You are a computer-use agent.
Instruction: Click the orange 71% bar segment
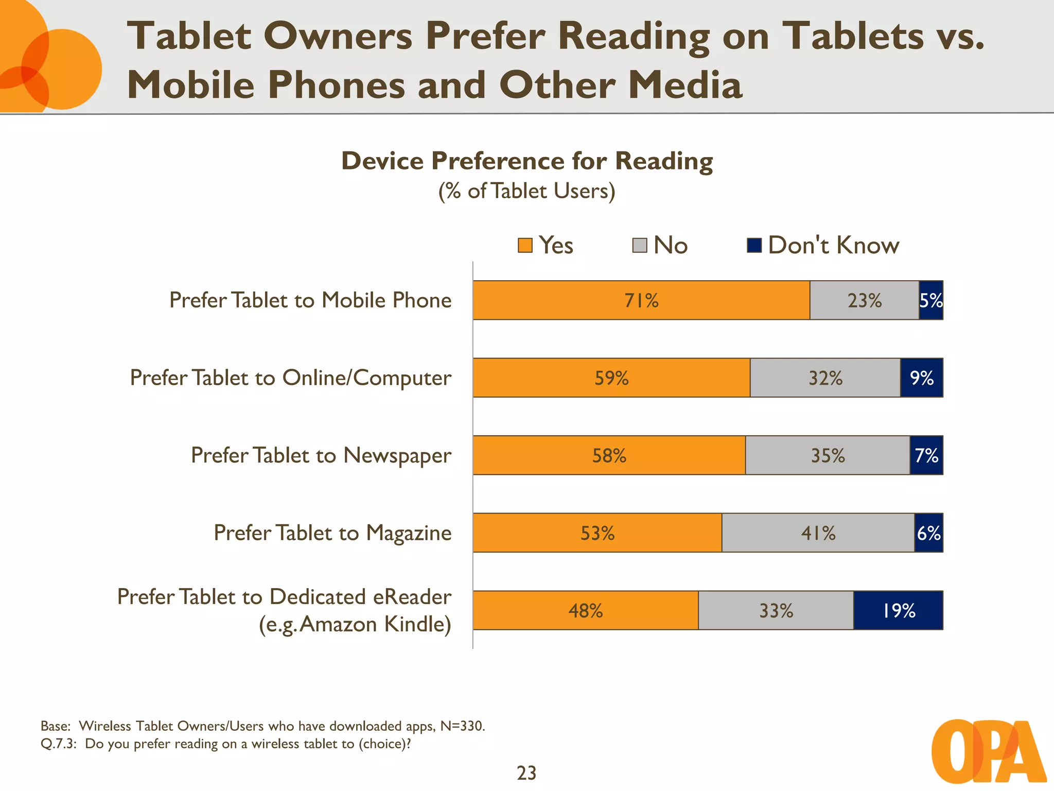tap(641, 300)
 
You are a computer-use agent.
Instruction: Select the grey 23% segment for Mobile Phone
tap(864, 300)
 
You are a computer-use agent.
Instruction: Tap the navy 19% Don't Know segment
tap(898, 610)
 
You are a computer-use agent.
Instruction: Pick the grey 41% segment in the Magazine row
tap(818, 533)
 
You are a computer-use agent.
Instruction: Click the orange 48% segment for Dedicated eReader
tap(585, 610)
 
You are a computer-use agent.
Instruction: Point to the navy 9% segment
tap(921, 378)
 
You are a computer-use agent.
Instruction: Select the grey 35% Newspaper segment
tap(827, 455)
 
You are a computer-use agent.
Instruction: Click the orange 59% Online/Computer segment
tap(611, 378)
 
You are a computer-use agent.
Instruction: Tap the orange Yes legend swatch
tap(525, 246)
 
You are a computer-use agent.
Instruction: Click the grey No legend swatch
tap(639, 246)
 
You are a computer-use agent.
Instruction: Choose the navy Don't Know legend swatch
tap(754, 246)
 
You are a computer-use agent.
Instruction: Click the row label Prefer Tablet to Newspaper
tap(321, 456)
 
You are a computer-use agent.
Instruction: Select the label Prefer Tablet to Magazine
tap(332, 533)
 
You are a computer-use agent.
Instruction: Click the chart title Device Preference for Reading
tap(527, 161)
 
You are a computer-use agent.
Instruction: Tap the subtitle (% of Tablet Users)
tap(526, 191)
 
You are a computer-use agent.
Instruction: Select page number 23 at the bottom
tap(526, 773)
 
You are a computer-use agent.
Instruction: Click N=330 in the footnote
tap(462, 726)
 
